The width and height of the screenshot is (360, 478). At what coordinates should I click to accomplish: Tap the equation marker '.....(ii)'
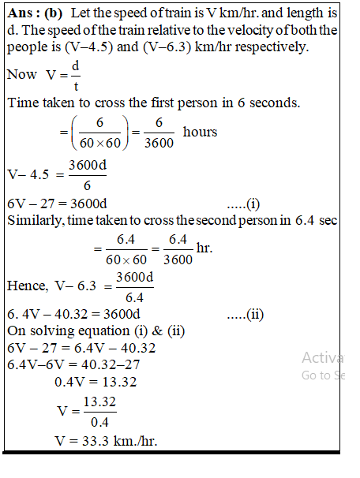[x=245, y=315]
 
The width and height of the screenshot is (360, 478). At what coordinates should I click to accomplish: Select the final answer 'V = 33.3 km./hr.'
[x=106, y=439]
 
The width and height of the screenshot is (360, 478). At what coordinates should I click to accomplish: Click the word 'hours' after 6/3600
[x=200, y=132]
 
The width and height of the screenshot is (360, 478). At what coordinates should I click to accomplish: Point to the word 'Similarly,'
[x=37, y=220]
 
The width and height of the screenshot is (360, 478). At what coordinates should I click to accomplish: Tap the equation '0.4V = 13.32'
[x=96, y=382]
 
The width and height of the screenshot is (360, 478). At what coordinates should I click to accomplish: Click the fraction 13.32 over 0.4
[x=99, y=411]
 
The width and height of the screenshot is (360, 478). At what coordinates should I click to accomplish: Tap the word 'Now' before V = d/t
[x=21, y=74]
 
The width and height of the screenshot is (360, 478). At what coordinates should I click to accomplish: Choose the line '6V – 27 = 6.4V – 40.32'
[x=81, y=348]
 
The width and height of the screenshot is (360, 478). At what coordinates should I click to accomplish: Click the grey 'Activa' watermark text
[x=321, y=357]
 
